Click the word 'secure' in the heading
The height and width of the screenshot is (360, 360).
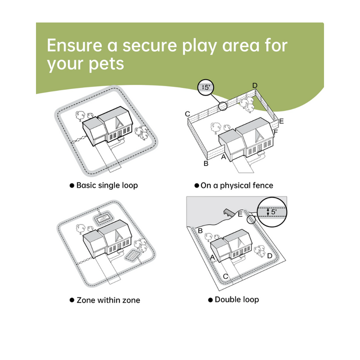149,45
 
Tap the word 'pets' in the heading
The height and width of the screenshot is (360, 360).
106,64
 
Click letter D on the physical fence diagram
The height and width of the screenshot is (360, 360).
255,85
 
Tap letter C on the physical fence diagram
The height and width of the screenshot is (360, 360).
187,114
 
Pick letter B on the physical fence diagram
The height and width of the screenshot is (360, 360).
206,163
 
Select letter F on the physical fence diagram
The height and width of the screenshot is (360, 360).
275,132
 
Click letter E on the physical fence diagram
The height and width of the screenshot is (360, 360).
281,121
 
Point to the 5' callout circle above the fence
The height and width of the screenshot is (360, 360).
205,87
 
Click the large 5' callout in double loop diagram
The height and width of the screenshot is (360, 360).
272,212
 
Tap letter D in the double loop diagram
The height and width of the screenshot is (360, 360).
270,256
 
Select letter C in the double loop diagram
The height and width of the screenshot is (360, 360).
225,276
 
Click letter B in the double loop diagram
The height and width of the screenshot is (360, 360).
200,230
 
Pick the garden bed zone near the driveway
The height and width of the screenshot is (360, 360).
132,255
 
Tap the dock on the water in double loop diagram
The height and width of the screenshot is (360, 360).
228,212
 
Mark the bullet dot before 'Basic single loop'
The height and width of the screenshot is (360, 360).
72,185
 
